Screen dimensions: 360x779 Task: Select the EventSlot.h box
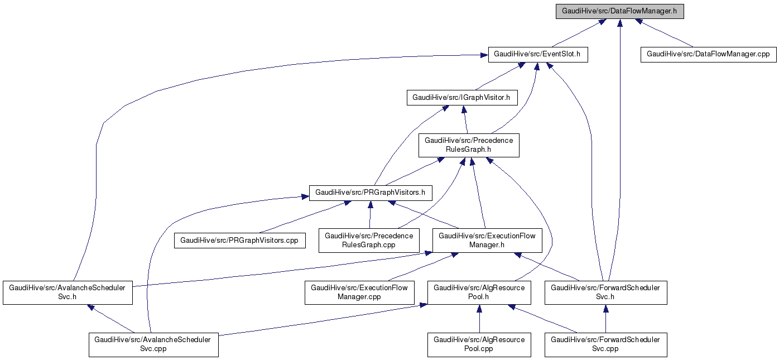pos(537,55)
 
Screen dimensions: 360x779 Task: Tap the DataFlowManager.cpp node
pos(708,55)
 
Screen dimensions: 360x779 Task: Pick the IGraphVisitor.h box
pos(461,98)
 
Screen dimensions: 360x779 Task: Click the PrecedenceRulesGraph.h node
pos(469,145)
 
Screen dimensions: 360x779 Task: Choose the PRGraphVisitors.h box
pos(370,193)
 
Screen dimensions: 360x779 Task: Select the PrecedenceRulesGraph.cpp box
pos(369,240)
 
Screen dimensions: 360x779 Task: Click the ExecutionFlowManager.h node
pos(487,240)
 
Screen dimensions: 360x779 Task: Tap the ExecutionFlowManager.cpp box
pos(359,292)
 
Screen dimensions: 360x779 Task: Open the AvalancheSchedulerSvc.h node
pos(68,292)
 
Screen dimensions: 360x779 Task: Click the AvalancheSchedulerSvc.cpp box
pos(153,344)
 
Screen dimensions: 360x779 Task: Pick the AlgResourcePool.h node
pos(479,292)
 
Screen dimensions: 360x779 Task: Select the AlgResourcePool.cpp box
pos(479,344)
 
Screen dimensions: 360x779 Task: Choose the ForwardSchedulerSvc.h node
pos(605,292)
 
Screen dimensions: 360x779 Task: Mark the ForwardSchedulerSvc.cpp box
pos(605,344)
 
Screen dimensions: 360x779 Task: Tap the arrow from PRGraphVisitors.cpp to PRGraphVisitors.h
pos(301,218)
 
